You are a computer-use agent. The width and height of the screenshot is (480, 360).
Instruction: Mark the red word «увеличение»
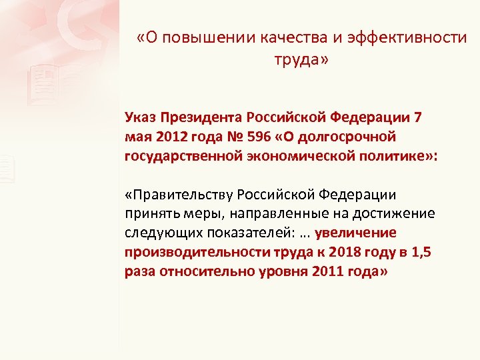click(356, 233)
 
